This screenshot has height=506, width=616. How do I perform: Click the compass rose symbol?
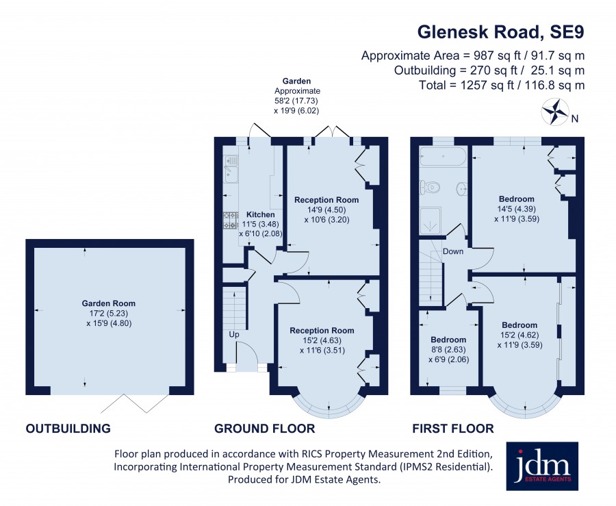(x=555, y=112)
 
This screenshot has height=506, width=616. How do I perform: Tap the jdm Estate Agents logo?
(x=542, y=466)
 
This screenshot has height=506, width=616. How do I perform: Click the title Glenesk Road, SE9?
(x=500, y=31)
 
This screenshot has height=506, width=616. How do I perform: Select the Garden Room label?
(x=108, y=303)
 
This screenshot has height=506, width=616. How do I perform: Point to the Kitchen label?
(x=261, y=214)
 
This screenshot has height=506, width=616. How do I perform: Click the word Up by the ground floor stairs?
(x=234, y=335)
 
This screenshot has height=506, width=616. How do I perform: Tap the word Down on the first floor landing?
(x=453, y=251)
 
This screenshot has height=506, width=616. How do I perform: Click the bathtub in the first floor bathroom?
(x=443, y=156)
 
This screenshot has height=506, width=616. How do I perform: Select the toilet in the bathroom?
(x=429, y=187)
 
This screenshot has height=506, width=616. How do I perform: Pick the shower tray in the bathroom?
(x=431, y=220)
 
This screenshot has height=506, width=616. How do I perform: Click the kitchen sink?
(x=231, y=169)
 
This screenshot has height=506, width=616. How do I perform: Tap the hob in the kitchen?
(x=231, y=220)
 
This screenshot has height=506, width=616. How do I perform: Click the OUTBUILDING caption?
(x=68, y=428)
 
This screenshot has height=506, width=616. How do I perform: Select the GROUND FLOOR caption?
(x=264, y=428)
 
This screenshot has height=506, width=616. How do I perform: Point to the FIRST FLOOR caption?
(x=453, y=428)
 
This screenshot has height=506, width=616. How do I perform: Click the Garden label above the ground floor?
(x=296, y=81)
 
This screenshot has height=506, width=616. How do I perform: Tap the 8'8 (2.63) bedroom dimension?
(x=448, y=350)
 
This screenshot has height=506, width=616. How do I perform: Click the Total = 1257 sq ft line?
(x=502, y=86)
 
